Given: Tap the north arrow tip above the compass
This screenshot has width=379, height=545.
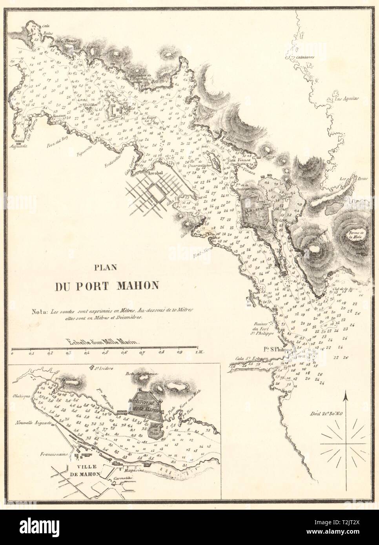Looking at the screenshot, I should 345,393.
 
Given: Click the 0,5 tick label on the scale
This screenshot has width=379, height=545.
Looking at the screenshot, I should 105,352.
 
